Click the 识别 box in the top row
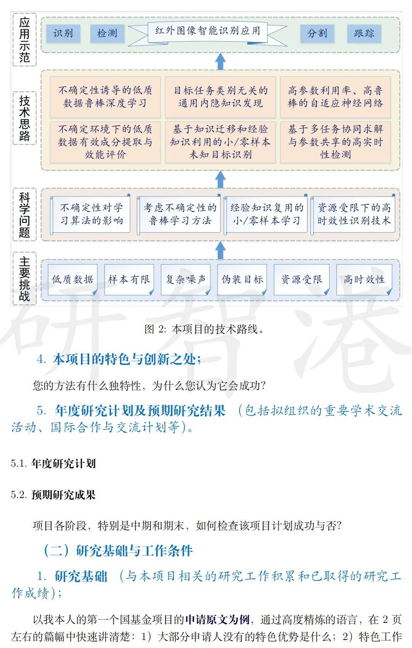coord(63,34)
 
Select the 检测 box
coord(107,34)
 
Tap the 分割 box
coord(317,34)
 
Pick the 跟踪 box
coord(364,34)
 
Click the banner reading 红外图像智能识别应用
coord(208,31)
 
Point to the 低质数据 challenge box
coord(72,280)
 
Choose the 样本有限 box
coord(129,280)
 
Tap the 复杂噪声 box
coord(185,280)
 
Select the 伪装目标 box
coord(242,280)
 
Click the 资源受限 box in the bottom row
coord(301,280)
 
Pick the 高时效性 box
coord(364,280)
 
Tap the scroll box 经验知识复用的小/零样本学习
coord(266,214)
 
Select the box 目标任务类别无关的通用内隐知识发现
coord(220,97)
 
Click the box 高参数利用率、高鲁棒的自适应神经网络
coord(335,97)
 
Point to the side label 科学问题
coord(24,215)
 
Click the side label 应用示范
coord(24,40)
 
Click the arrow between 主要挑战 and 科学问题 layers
coord(220,251)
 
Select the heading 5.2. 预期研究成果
coord(53,495)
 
